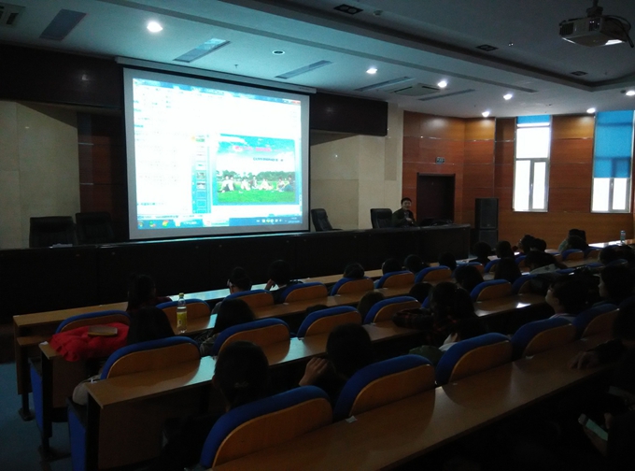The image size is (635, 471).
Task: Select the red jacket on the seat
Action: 88,343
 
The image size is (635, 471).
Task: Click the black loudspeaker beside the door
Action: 487,221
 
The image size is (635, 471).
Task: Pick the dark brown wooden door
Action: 435,198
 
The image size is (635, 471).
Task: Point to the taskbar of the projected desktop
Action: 215,225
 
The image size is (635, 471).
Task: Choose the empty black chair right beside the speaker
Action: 381,218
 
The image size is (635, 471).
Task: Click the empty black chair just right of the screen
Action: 321,220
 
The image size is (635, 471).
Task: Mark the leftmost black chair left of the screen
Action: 49,230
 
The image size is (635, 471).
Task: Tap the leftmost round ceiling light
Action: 154,26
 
